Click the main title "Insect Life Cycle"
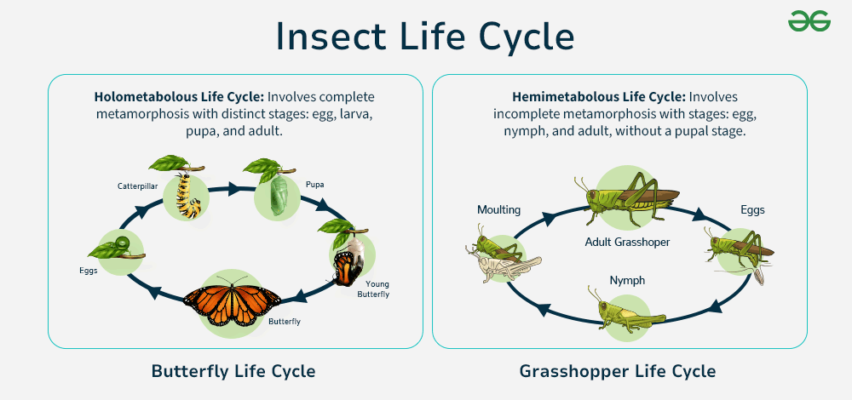click(x=425, y=36)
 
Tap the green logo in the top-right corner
click(x=809, y=21)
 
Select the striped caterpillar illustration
click(x=187, y=195)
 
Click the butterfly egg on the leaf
click(x=121, y=246)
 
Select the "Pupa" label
click(x=315, y=183)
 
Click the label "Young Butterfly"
click(x=377, y=289)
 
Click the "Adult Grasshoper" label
click(x=627, y=242)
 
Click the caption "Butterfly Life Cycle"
click(x=233, y=371)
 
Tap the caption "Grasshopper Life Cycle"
click(x=618, y=371)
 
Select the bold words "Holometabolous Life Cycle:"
click(x=178, y=97)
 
